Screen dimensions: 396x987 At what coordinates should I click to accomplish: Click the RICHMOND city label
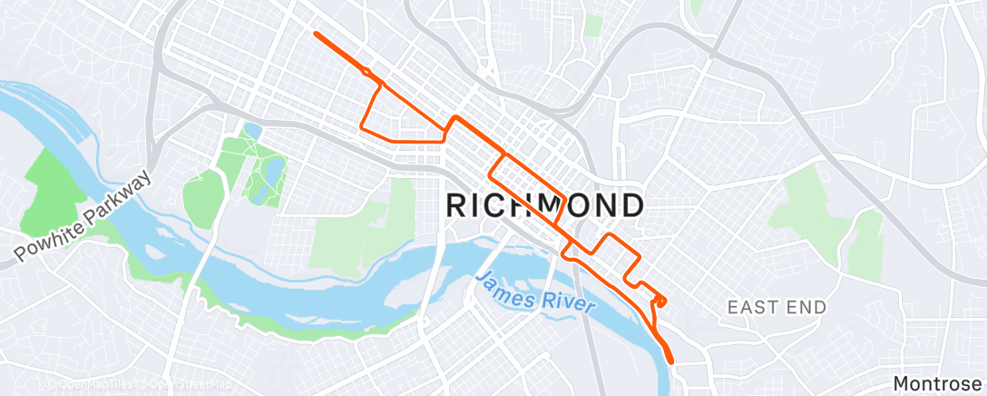pyautogui.click(x=545, y=205)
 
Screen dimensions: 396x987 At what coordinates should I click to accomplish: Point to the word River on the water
pyautogui.click(x=568, y=302)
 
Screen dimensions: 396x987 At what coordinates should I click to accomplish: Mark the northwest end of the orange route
pyautogui.click(x=316, y=34)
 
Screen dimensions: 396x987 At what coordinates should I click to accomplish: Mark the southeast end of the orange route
pyautogui.click(x=672, y=361)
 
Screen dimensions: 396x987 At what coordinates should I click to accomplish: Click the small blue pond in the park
pyautogui.click(x=252, y=131)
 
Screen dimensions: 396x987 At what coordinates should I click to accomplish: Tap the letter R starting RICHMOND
pyautogui.click(x=458, y=205)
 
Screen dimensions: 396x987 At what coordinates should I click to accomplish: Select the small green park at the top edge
pyautogui.click(x=593, y=25)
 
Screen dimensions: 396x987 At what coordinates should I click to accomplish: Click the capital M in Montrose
pyautogui.click(x=902, y=384)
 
